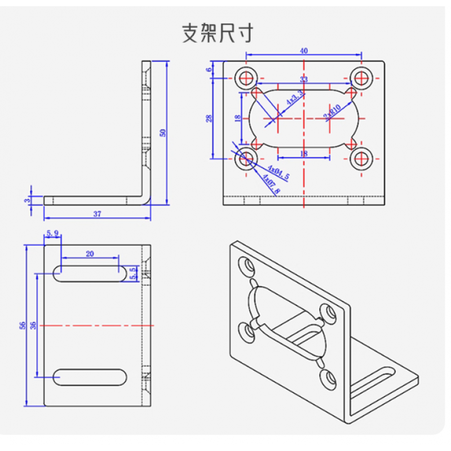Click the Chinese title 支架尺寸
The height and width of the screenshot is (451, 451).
(218, 33)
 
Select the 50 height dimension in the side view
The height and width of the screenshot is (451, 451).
(163, 133)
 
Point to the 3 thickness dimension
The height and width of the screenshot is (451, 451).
(26, 200)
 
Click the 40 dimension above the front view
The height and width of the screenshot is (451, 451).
(304, 51)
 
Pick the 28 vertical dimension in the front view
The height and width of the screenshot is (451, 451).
(209, 118)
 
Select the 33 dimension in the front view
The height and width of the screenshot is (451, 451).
(304, 79)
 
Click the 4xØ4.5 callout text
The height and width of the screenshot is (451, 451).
(278, 172)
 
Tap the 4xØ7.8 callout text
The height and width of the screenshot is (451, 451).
(271, 184)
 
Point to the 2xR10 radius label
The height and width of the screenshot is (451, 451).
(332, 112)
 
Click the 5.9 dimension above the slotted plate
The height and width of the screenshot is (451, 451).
(52, 233)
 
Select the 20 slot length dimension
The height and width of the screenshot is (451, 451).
(90, 254)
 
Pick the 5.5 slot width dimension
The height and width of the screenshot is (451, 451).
(133, 273)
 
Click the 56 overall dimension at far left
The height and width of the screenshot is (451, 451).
(23, 325)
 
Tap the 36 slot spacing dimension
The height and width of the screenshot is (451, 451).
(33, 325)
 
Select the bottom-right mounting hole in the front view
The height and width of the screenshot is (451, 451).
(361, 159)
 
